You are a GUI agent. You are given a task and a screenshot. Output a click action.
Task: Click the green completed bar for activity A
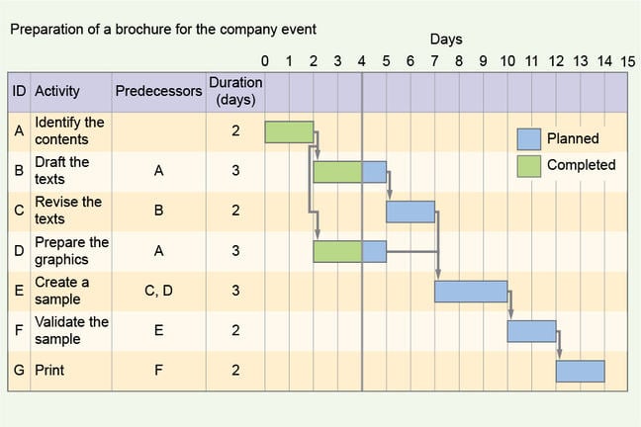point(289,131)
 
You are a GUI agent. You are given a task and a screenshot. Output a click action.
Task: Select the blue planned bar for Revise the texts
point(410,212)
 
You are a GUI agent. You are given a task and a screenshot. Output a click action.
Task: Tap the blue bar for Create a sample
point(471,292)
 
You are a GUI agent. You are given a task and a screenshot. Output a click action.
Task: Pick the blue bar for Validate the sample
point(531,331)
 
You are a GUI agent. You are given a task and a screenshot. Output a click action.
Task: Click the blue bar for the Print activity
point(580,371)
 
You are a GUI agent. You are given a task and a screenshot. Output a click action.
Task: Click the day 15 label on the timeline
point(628,62)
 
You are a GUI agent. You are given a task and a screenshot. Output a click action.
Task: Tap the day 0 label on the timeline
point(264,62)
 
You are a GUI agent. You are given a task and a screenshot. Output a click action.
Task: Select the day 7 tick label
point(434,62)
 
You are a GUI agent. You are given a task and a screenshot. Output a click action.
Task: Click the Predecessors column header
point(158,91)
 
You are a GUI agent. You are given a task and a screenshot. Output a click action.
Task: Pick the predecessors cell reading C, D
point(158,291)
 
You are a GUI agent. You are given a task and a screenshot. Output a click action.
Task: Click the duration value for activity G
point(235,371)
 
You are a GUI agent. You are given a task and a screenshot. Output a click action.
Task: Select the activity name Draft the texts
point(61,171)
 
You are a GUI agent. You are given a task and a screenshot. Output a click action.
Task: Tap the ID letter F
point(18,331)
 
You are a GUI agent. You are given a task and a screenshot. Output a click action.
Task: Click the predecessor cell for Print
point(158,371)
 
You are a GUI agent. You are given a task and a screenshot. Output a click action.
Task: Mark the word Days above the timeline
point(446,40)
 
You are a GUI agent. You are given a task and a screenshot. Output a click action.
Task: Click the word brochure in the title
point(144,30)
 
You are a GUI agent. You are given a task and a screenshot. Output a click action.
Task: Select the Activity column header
point(57,91)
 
